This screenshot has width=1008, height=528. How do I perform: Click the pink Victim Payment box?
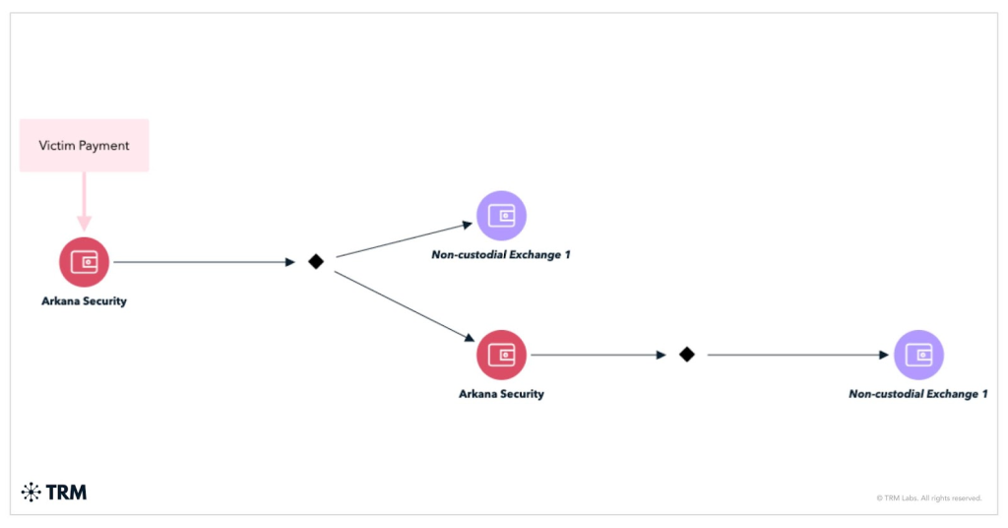tap(84, 146)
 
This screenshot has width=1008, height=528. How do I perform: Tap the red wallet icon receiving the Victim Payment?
tap(84, 262)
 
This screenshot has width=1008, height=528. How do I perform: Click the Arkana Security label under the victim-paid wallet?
tap(84, 301)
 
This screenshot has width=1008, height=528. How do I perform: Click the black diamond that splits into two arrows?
tap(316, 262)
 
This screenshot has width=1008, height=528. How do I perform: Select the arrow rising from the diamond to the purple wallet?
tap(404, 239)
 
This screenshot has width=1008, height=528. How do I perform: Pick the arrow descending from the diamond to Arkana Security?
tap(404, 305)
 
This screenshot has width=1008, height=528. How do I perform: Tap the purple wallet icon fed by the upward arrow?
tap(501, 216)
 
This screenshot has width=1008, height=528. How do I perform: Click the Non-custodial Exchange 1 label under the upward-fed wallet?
tap(501, 255)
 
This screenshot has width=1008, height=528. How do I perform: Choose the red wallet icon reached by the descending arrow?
tap(501, 355)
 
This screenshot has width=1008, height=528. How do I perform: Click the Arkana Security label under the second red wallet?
tap(501, 394)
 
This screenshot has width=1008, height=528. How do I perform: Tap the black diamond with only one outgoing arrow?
tap(687, 355)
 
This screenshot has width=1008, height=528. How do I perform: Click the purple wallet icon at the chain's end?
tap(918, 355)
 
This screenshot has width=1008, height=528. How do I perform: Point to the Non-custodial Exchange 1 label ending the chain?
tap(918, 394)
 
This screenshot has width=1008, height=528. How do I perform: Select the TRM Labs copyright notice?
tap(928, 498)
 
